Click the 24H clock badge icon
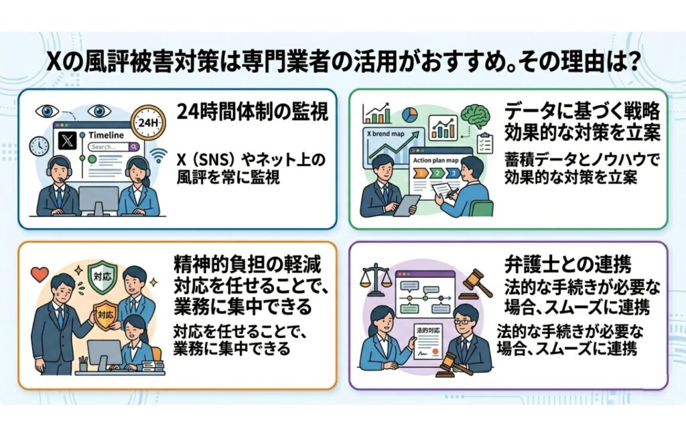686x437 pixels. (148, 122)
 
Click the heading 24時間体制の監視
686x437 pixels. (253, 112)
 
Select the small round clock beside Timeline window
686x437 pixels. (40, 147)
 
